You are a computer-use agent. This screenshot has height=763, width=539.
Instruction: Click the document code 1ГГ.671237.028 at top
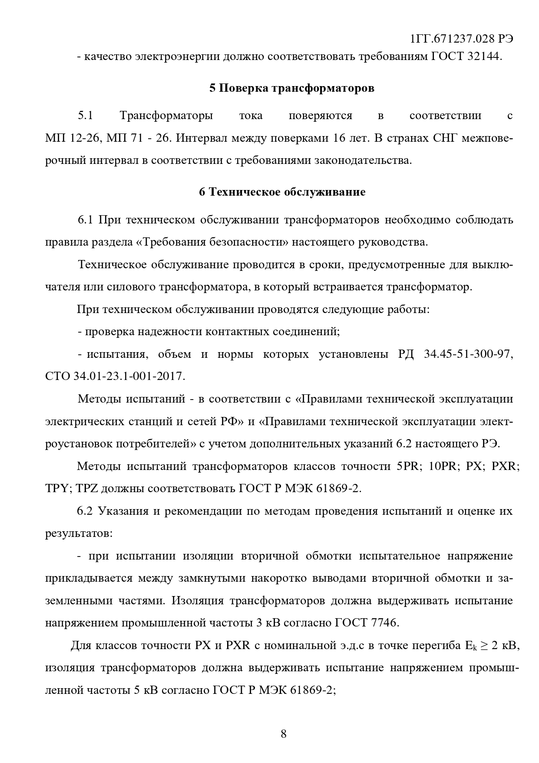(x=452, y=39)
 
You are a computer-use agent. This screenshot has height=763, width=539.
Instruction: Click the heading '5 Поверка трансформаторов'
(x=292, y=88)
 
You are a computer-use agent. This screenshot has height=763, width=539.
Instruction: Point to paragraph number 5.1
(x=86, y=116)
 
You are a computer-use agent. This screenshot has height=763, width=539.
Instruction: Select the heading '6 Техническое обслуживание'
(x=282, y=192)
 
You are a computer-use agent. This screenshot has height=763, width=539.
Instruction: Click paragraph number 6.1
(x=86, y=220)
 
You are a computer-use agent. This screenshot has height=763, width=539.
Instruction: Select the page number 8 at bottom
(x=284, y=734)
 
